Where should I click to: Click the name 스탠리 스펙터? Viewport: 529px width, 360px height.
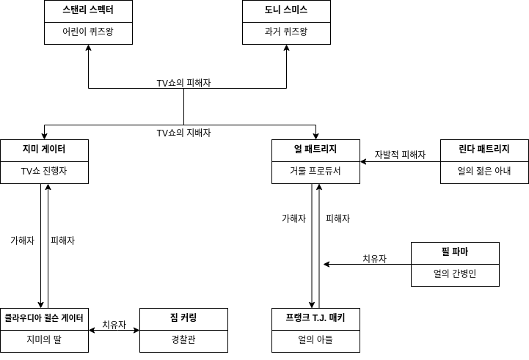[x=88, y=10]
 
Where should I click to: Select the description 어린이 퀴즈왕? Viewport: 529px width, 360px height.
[x=88, y=32]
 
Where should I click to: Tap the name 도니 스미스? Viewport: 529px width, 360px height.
[x=286, y=10]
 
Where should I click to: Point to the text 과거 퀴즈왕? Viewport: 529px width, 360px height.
[x=286, y=32]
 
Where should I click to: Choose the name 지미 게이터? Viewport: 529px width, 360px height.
[x=44, y=150]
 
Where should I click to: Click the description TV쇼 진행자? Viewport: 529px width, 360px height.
[x=44, y=172]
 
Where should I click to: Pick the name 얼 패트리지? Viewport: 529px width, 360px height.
[x=315, y=150]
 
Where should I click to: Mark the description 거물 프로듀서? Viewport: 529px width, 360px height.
[x=315, y=172]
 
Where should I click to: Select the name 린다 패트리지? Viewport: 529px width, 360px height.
[x=484, y=150]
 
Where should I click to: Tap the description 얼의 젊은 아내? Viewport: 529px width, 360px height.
[x=484, y=172]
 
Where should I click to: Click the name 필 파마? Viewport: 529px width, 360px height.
[x=455, y=252]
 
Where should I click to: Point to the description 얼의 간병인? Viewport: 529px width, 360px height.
[x=455, y=274]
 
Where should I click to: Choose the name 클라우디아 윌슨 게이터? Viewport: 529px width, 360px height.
[x=44, y=318]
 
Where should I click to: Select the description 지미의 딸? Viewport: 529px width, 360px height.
[x=44, y=340]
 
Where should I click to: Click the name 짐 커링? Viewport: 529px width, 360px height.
[x=183, y=318]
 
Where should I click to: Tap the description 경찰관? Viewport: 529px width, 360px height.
[x=183, y=340]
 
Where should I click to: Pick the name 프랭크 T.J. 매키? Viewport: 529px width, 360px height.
[x=315, y=318]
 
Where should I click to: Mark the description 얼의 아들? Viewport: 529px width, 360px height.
[x=315, y=340]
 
